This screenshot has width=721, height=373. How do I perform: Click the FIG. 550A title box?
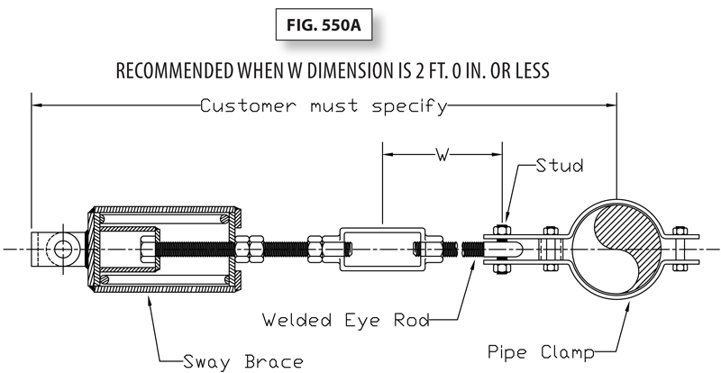point(325,24)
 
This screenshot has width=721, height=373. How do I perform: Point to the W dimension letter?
point(443,154)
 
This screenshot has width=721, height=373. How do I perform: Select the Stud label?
point(559,166)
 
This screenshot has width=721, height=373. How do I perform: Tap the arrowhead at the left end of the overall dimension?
point(36,106)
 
